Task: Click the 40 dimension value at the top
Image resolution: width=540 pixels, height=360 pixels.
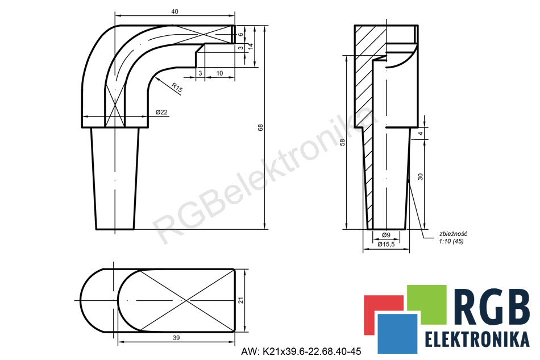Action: pos(175,11)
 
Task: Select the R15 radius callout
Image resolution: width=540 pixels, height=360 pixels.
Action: pos(177,88)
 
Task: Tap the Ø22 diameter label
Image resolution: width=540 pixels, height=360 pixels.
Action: pos(161,112)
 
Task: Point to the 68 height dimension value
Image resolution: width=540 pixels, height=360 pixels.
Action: pos(260,127)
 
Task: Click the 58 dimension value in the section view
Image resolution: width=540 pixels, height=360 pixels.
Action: pos(342,142)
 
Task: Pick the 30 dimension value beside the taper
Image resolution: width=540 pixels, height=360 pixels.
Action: pos(420,177)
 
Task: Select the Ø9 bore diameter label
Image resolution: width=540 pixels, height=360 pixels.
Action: pos(386,235)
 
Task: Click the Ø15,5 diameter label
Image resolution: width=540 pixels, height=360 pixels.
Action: pos(386,244)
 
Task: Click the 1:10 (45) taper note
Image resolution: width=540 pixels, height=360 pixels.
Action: pos(451,241)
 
